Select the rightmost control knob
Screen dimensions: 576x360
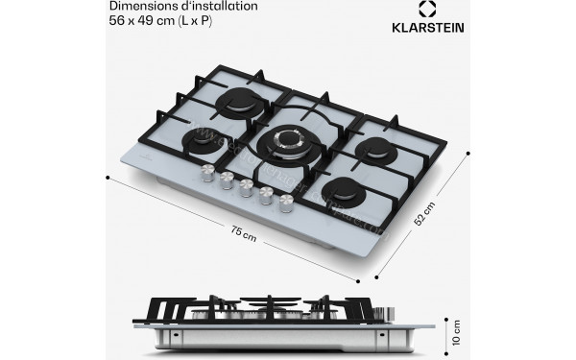click(285, 203)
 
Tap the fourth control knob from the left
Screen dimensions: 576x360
click(266, 195)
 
